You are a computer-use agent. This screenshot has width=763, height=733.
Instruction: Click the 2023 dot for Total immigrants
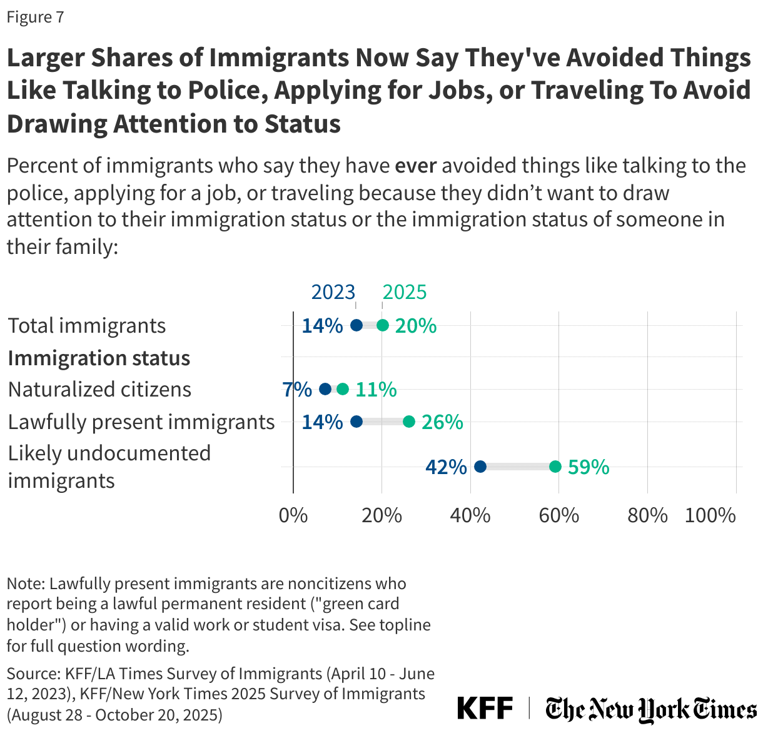356,325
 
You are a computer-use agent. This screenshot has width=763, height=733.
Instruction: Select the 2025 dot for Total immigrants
383,325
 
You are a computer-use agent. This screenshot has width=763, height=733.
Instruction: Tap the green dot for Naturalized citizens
343,389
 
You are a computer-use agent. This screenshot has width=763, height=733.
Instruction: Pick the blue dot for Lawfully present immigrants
356,422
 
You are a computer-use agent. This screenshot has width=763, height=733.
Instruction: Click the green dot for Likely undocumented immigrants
555,467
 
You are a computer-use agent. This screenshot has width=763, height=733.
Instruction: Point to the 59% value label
589,467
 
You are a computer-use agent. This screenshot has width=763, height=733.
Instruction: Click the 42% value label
446,467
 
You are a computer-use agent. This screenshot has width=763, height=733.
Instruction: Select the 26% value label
442,422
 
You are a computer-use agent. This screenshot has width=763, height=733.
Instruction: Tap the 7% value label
297,390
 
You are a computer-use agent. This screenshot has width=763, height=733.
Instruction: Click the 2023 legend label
333,292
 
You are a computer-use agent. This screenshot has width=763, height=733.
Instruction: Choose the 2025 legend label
405,292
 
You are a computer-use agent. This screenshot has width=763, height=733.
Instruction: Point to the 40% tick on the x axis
470,515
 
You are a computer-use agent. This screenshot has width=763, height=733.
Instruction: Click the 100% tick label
710,515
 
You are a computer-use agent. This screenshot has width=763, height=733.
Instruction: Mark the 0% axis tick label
293,515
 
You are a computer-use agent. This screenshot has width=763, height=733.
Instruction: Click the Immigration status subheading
99,358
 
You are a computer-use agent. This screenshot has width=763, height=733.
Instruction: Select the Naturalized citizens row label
99,390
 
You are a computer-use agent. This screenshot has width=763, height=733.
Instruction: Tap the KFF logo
485,709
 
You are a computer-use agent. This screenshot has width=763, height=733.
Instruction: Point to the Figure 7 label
35,17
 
